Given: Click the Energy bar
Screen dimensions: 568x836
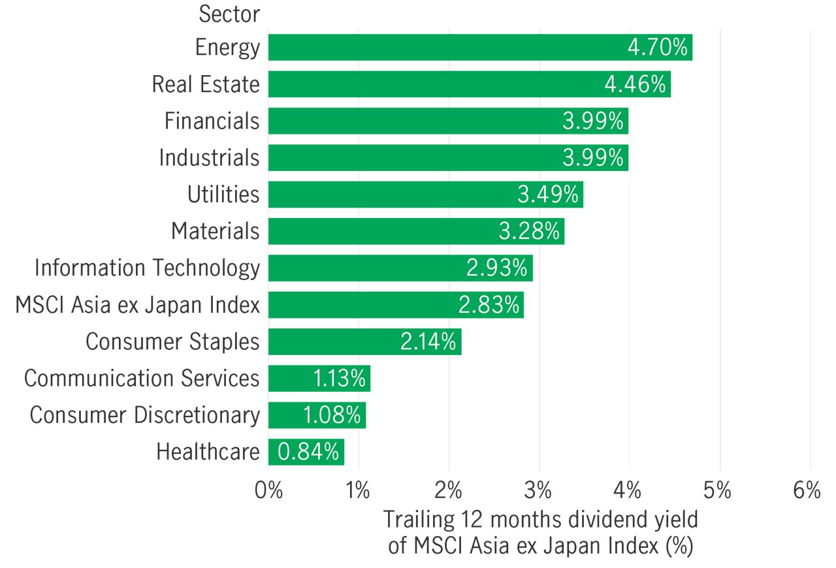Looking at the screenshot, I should [480, 48].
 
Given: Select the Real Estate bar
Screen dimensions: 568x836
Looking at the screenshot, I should [469, 84].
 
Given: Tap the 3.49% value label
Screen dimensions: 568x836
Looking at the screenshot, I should [548, 195].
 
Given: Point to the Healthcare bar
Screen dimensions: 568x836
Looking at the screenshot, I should [306, 452].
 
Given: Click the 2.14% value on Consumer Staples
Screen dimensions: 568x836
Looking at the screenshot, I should [428, 341].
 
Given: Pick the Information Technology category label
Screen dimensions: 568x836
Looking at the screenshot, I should [147, 268].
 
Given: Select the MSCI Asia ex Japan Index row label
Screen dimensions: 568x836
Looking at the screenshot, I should [138, 305].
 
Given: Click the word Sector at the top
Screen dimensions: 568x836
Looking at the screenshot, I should [229, 14].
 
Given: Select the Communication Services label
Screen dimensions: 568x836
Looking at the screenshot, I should [142, 378].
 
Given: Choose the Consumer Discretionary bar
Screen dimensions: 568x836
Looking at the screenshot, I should [317, 415].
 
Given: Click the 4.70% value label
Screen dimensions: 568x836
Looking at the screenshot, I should [657, 48].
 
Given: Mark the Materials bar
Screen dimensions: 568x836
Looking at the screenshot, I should [416, 231].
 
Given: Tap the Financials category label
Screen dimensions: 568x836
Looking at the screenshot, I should [212, 121].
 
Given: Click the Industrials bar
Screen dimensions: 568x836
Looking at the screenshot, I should [448, 158].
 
